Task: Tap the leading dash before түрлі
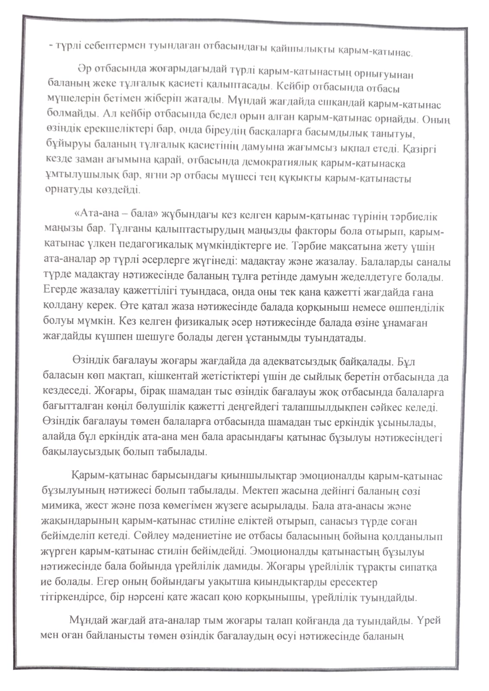(51, 45)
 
